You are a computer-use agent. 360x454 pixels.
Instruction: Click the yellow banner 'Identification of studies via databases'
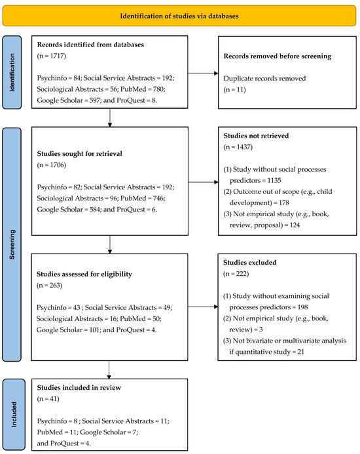(x=180, y=13)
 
